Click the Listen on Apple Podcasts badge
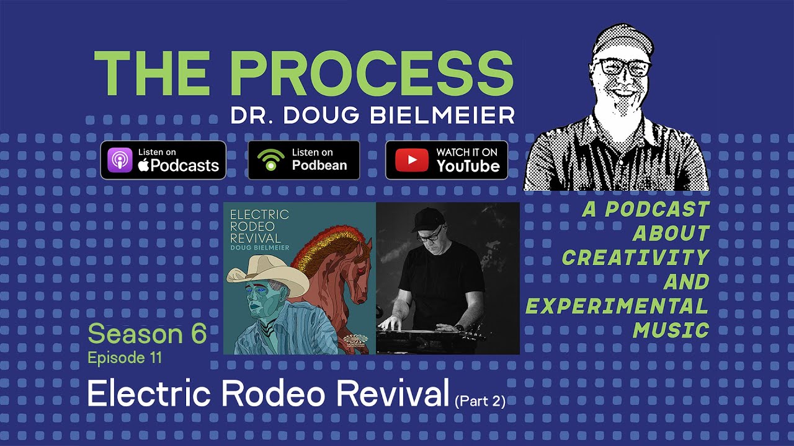[163, 160]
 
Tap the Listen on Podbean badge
[303, 160]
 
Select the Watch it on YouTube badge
[447, 160]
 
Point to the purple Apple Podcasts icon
[120, 160]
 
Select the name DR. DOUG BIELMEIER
[372, 116]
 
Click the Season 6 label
[147, 334]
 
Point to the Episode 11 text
[125, 357]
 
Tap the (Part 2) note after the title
[480, 401]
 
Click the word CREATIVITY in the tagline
[635, 257]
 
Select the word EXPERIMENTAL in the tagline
[617, 306]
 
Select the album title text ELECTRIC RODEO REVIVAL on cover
[259, 226]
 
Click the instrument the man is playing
[428, 334]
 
